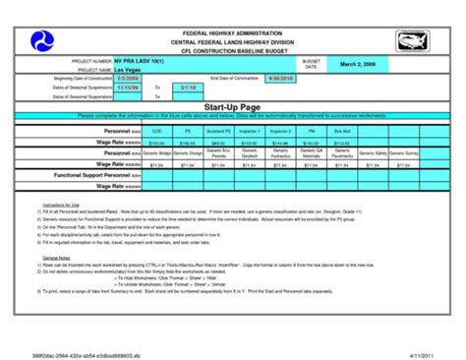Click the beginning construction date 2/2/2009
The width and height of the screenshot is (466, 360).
pos(129,78)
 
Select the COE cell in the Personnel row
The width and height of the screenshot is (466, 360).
pos(156,130)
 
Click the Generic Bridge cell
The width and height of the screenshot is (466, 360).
pos(156,154)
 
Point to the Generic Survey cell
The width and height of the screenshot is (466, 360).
pos(402,154)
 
